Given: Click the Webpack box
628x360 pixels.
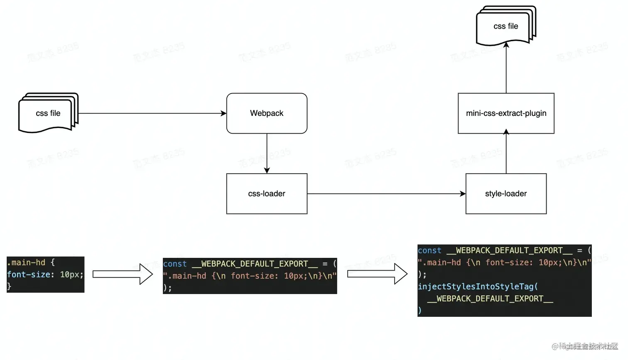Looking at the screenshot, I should click(x=267, y=113).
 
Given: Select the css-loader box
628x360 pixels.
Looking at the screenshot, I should click(x=267, y=193).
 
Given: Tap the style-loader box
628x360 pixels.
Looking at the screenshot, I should click(x=506, y=193).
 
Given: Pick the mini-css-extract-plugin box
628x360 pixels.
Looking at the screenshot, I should click(x=506, y=113).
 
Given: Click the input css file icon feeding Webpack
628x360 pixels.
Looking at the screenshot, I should click(x=48, y=113).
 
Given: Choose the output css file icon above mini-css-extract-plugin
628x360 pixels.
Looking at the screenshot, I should click(x=505, y=26).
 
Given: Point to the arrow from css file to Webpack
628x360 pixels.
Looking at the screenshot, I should click(x=152, y=113).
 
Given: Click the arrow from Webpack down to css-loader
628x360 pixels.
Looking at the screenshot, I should click(x=267, y=153).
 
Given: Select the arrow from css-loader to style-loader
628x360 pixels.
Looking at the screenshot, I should click(x=386, y=193).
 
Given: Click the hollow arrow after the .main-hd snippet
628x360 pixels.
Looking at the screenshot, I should click(x=123, y=274).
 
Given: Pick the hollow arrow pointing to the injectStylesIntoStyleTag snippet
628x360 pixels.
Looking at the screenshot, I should click(x=377, y=274).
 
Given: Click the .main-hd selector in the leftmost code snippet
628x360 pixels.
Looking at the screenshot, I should click(x=26, y=262).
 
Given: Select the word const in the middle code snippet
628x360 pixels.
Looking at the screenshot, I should click(x=175, y=264).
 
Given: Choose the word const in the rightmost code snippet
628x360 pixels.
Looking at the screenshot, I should click(x=429, y=250).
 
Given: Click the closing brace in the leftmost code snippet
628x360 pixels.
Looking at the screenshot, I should click(x=9, y=286).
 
